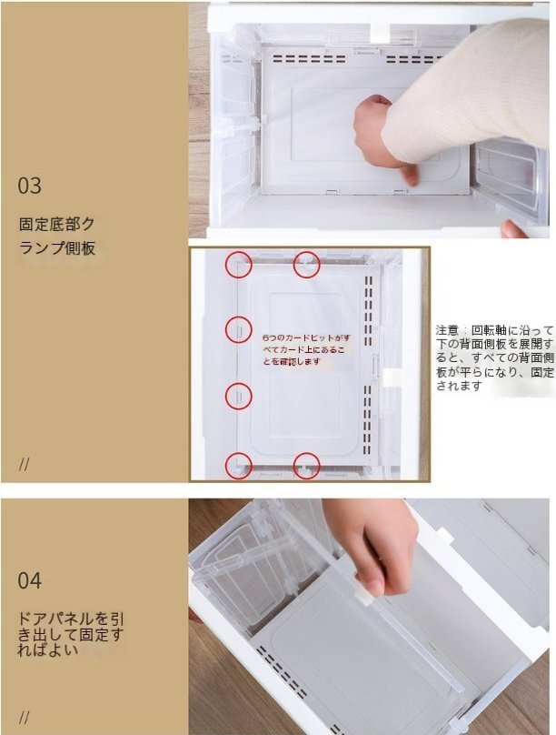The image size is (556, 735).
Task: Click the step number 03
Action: (29, 186)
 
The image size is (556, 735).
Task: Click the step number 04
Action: (29, 580)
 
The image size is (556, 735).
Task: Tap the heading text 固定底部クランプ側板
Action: (57, 236)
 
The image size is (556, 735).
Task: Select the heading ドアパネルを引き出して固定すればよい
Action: (70, 634)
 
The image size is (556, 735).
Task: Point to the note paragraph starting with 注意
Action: (495, 357)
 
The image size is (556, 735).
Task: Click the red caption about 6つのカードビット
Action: (306, 349)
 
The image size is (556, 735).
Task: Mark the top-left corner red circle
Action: (239, 265)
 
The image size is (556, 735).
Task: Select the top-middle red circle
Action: (306, 265)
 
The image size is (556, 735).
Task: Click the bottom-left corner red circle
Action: (239, 466)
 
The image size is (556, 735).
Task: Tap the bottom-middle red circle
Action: (306, 466)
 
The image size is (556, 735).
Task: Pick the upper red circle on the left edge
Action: (239, 329)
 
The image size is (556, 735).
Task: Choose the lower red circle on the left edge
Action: (239, 397)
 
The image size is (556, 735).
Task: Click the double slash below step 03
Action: (25, 464)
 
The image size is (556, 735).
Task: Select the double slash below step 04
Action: (25, 717)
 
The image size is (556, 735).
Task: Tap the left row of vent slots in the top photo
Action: (309, 58)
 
